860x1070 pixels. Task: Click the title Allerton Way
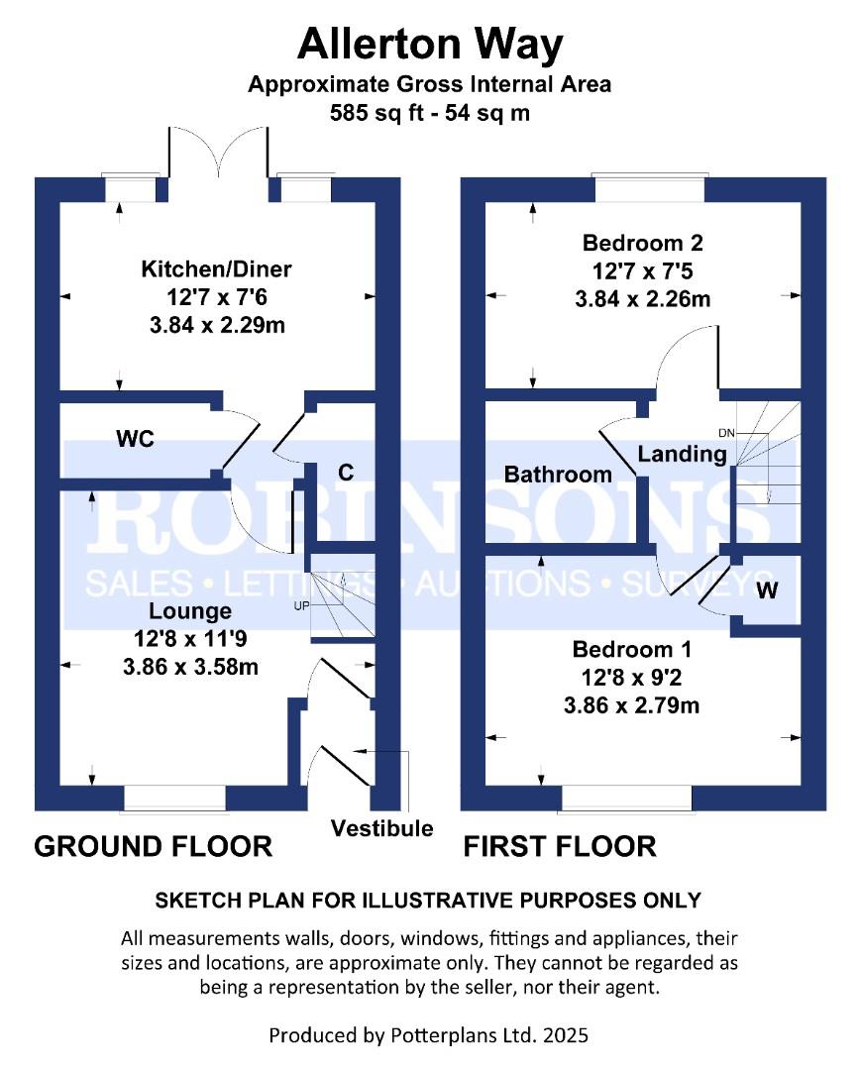point(429,45)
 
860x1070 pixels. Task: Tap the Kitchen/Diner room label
point(216,268)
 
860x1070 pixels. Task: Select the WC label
point(135,439)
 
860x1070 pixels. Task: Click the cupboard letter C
point(346,473)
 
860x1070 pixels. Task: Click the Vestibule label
point(381,828)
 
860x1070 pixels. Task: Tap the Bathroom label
point(558,475)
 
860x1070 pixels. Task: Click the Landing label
point(682,455)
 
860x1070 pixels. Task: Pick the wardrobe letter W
point(767,590)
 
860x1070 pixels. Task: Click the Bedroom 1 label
point(632,650)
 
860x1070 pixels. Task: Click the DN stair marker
point(726,433)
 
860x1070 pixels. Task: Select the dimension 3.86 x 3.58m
point(190,667)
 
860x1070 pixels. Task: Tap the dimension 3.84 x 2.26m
point(642,299)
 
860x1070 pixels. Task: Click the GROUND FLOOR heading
point(154,846)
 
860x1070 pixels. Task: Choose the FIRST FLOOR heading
point(560,846)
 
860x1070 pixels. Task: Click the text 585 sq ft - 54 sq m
point(429,113)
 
